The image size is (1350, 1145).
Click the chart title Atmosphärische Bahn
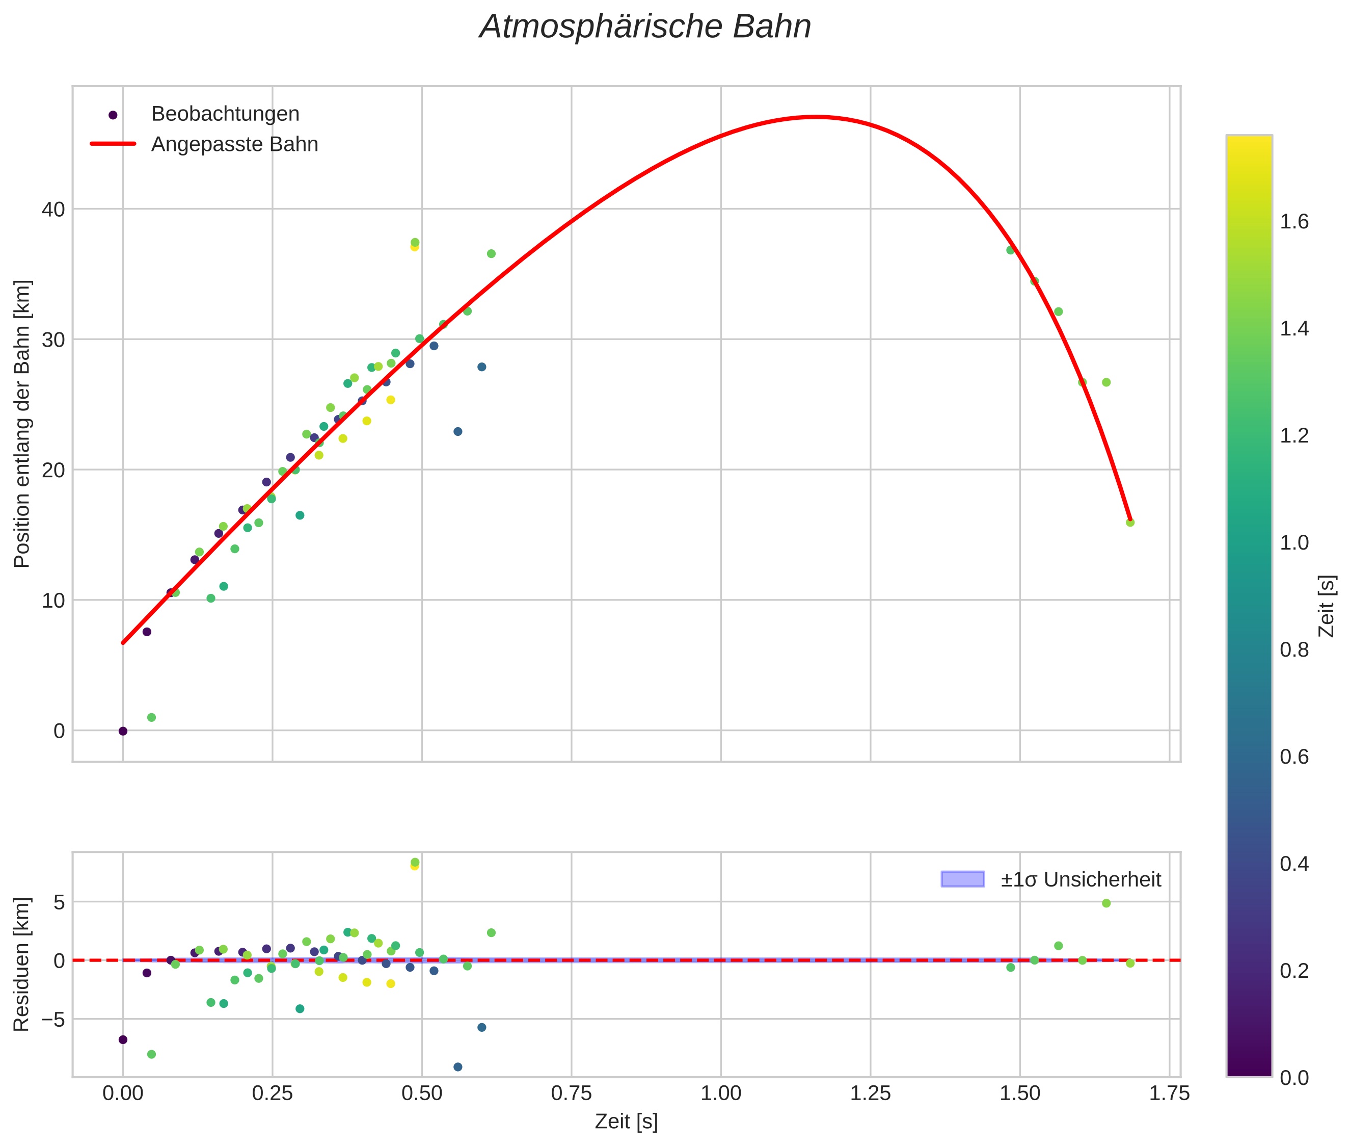tap(645, 27)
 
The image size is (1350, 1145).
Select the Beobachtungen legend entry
tap(206, 114)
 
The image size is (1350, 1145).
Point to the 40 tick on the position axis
tap(54, 209)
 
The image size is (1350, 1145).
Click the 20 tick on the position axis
tap(54, 470)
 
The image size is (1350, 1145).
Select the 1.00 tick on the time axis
tap(721, 1094)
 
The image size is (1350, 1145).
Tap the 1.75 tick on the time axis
tap(1169, 1094)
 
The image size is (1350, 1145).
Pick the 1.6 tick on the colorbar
tap(1294, 222)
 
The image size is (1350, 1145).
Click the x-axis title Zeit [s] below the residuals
tap(626, 1122)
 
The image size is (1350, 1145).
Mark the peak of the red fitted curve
tap(816, 117)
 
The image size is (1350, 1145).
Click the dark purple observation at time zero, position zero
tap(123, 731)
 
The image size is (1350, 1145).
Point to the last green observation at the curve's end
tap(1130, 523)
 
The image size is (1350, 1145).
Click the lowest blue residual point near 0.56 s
tap(457, 1067)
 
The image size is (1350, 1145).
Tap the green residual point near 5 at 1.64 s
tap(1106, 903)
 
